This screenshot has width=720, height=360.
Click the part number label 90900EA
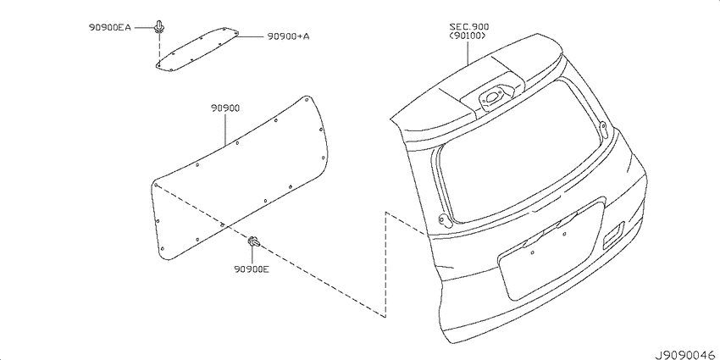110,28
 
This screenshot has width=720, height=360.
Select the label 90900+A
288,36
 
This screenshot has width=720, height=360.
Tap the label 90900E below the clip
252,269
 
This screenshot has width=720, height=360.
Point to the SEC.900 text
468,26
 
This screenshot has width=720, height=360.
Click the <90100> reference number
467,35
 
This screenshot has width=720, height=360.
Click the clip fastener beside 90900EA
160,27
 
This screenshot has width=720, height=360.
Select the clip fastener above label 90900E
253,241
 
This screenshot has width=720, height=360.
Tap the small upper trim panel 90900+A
197,50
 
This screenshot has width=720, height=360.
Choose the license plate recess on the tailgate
552,249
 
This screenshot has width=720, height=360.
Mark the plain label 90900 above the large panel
225,108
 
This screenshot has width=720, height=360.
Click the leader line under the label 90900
225,130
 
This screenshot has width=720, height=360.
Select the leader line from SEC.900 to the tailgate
468,52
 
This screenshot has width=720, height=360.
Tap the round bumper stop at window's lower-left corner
444,220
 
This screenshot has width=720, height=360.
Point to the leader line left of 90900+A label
251,36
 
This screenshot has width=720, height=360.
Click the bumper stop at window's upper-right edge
603,130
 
